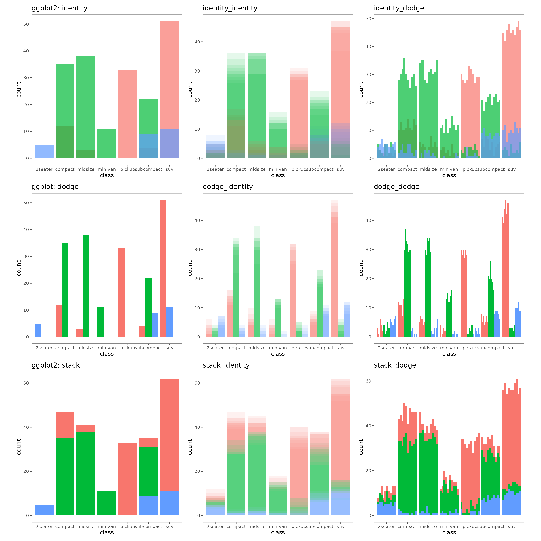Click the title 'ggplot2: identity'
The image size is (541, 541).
click(x=59, y=8)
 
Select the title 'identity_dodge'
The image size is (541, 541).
click(x=399, y=8)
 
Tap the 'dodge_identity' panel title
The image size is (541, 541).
click(x=228, y=187)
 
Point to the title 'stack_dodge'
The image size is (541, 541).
click(x=395, y=365)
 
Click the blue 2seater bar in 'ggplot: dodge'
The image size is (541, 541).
click(x=38, y=330)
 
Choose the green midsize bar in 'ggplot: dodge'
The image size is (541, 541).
click(x=86, y=286)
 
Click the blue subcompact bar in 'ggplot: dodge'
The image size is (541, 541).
click(x=155, y=325)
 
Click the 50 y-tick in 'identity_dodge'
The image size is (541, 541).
click(x=368, y=19)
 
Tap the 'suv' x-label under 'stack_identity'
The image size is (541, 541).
click(x=341, y=526)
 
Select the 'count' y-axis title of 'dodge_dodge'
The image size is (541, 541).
click(x=361, y=268)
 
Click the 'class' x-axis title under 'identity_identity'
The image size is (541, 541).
click(x=278, y=175)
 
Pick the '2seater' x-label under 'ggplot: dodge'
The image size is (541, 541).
click(x=44, y=348)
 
